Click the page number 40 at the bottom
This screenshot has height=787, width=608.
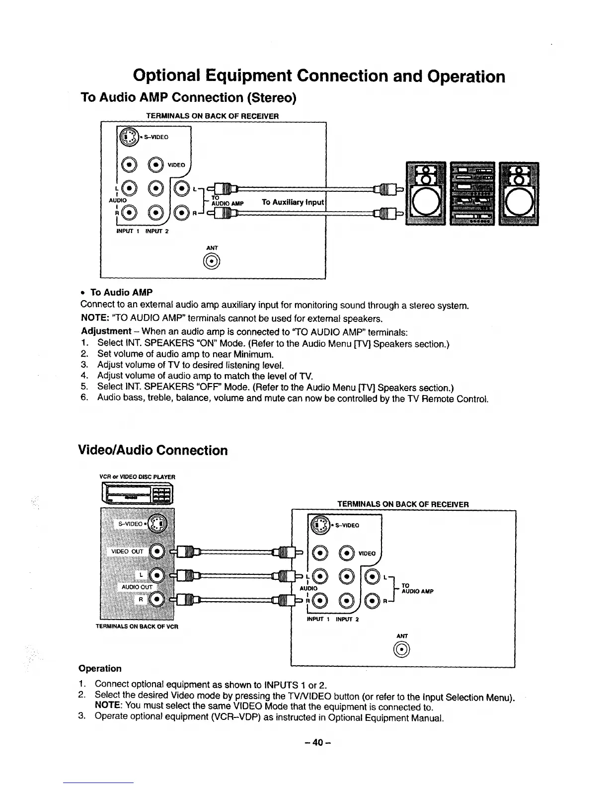[318, 742]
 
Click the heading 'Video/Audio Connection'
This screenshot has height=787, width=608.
[153, 450]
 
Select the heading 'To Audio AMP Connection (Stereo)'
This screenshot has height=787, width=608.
[188, 97]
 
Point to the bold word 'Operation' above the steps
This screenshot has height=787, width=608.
[100, 668]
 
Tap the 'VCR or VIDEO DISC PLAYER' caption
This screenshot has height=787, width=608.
[138, 477]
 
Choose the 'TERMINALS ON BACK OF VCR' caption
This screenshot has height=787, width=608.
[137, 626]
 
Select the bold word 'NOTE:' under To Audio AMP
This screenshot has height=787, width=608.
[94, 318]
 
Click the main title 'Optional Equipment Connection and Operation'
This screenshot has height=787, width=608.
[319, 76]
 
